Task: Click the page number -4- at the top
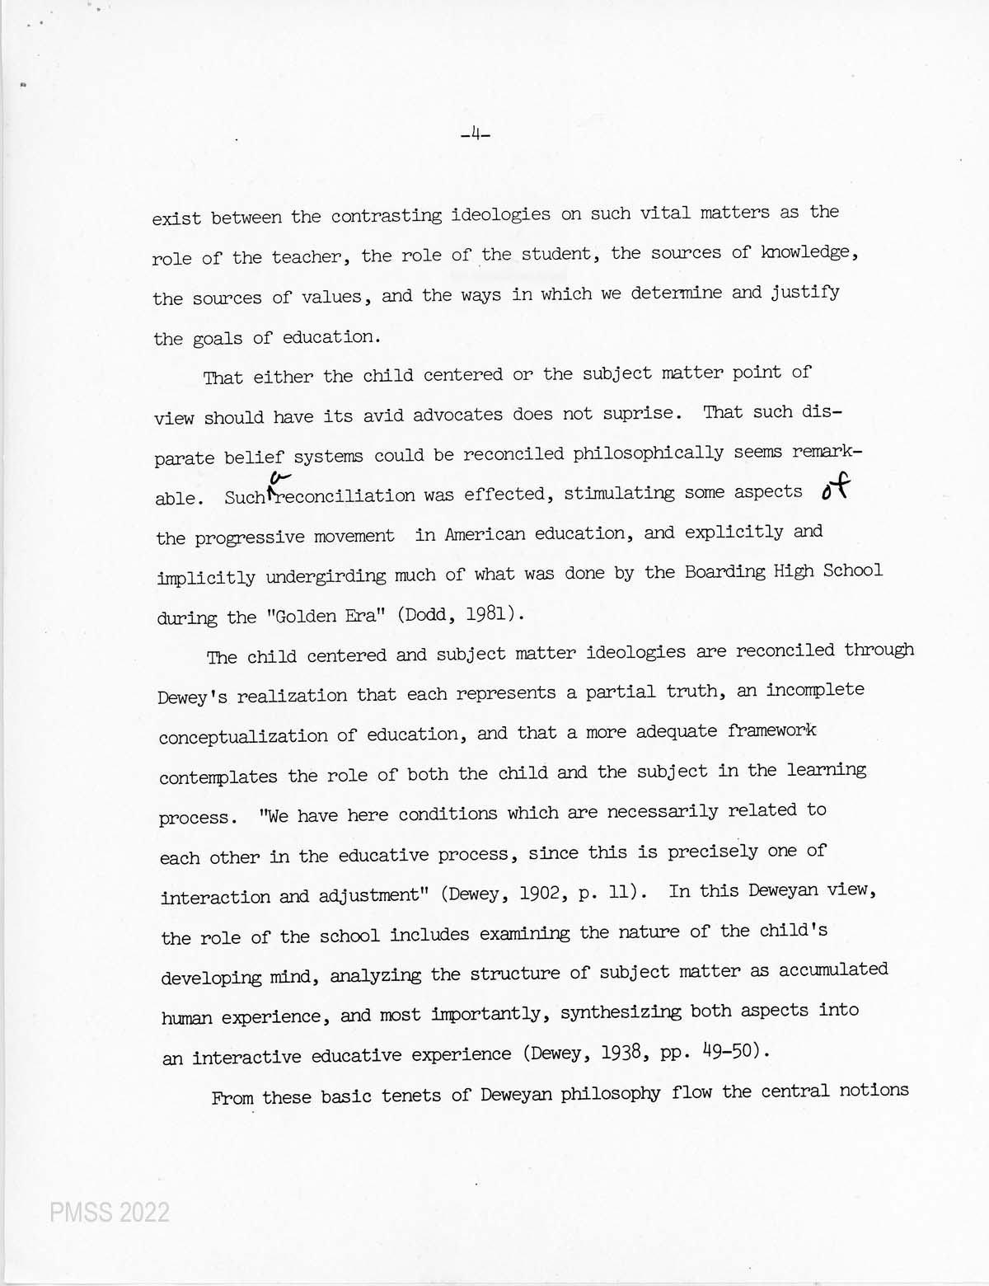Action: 476,132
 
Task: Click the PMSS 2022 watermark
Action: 109,1213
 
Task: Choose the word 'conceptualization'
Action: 243,735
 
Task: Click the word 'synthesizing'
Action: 621,1012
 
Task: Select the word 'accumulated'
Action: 831,970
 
